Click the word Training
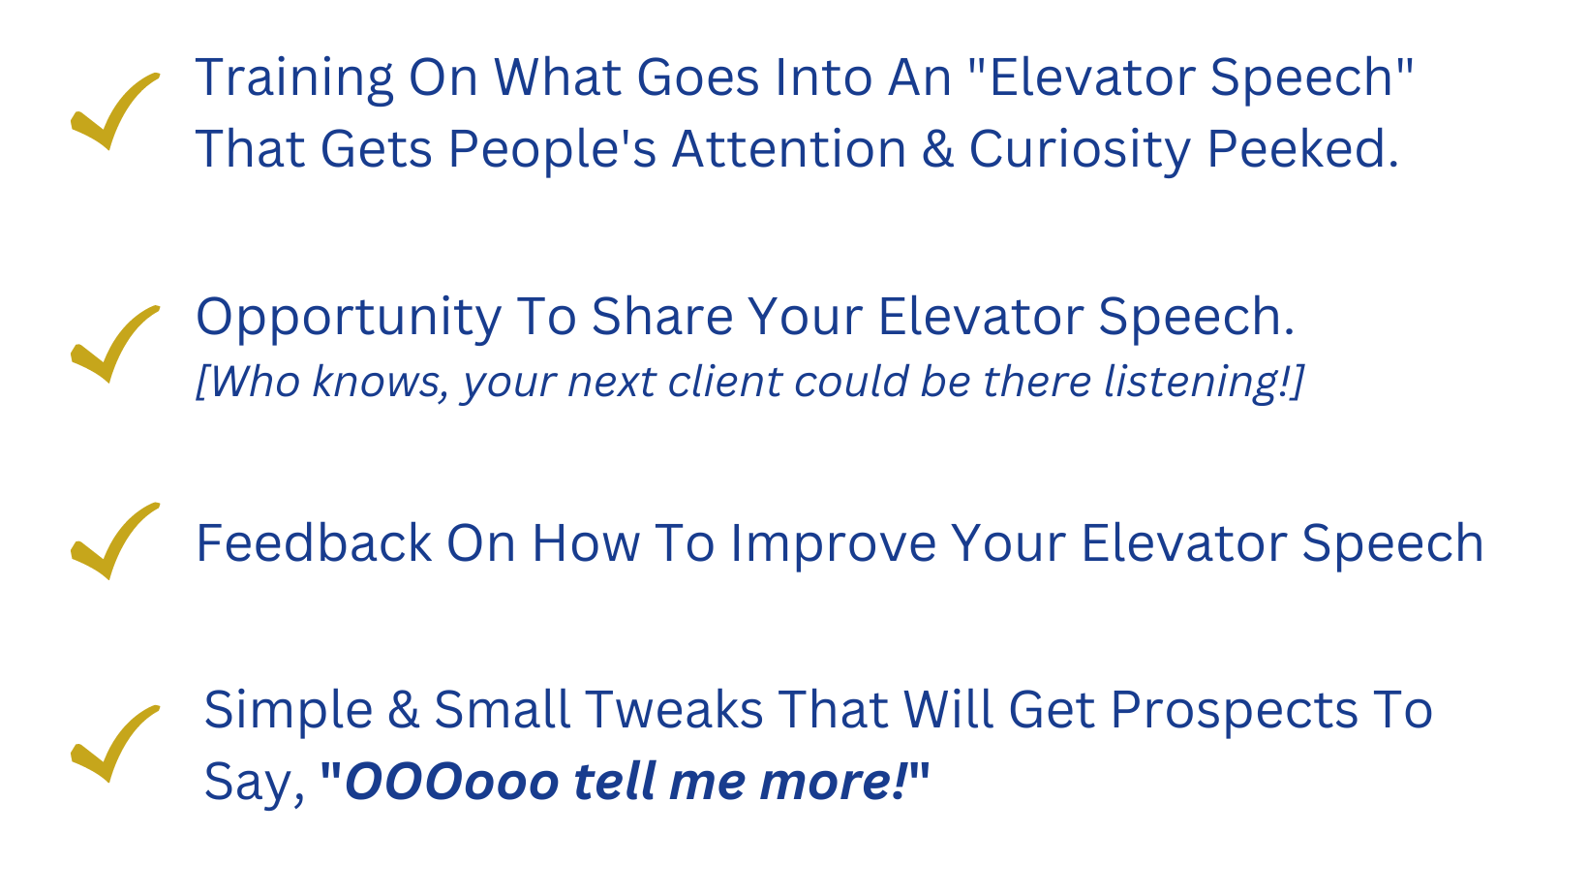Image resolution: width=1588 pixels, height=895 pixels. point(294,79)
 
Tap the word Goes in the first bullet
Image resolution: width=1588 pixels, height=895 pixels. point(698,77)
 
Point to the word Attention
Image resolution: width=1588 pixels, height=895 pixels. point(789,149)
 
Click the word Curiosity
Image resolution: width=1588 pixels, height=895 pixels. point(1080,150)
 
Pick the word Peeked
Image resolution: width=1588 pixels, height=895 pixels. point(1302,149)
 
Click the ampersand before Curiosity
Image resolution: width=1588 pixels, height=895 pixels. point(938,149)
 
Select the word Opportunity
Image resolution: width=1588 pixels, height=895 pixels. point(349,318)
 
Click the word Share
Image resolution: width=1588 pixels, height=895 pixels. point(662,317)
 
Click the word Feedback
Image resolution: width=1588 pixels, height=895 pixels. point(314,543)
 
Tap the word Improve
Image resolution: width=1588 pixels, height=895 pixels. point(834,544)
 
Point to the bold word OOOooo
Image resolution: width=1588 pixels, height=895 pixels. point(451,782)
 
